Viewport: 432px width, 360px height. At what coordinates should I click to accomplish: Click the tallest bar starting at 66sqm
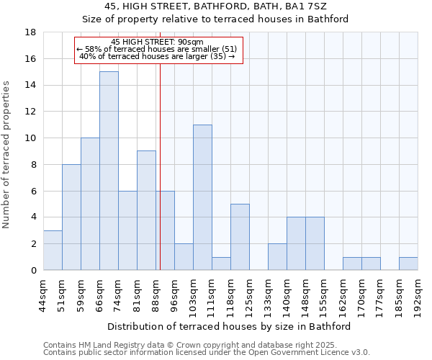[x=109, y=171]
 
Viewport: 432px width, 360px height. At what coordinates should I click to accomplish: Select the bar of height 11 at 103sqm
[x=202, y=197]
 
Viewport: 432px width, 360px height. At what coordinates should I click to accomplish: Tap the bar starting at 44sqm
[x=53, y=250]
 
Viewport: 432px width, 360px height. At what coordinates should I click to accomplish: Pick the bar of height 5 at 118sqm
[x=240, y=237]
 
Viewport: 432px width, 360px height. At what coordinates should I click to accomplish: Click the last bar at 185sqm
[x=408, y=264]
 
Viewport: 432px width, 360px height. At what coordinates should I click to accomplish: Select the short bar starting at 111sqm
[x=221, y=264]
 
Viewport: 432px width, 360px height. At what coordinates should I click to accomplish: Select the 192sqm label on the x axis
[x=418, y=293]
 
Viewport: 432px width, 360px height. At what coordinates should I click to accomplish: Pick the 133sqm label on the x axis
[x=268, y=293]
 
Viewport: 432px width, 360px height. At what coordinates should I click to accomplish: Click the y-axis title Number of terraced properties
[x=7, y=155]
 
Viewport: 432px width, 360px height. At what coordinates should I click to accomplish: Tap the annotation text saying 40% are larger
[x=157, y=56]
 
